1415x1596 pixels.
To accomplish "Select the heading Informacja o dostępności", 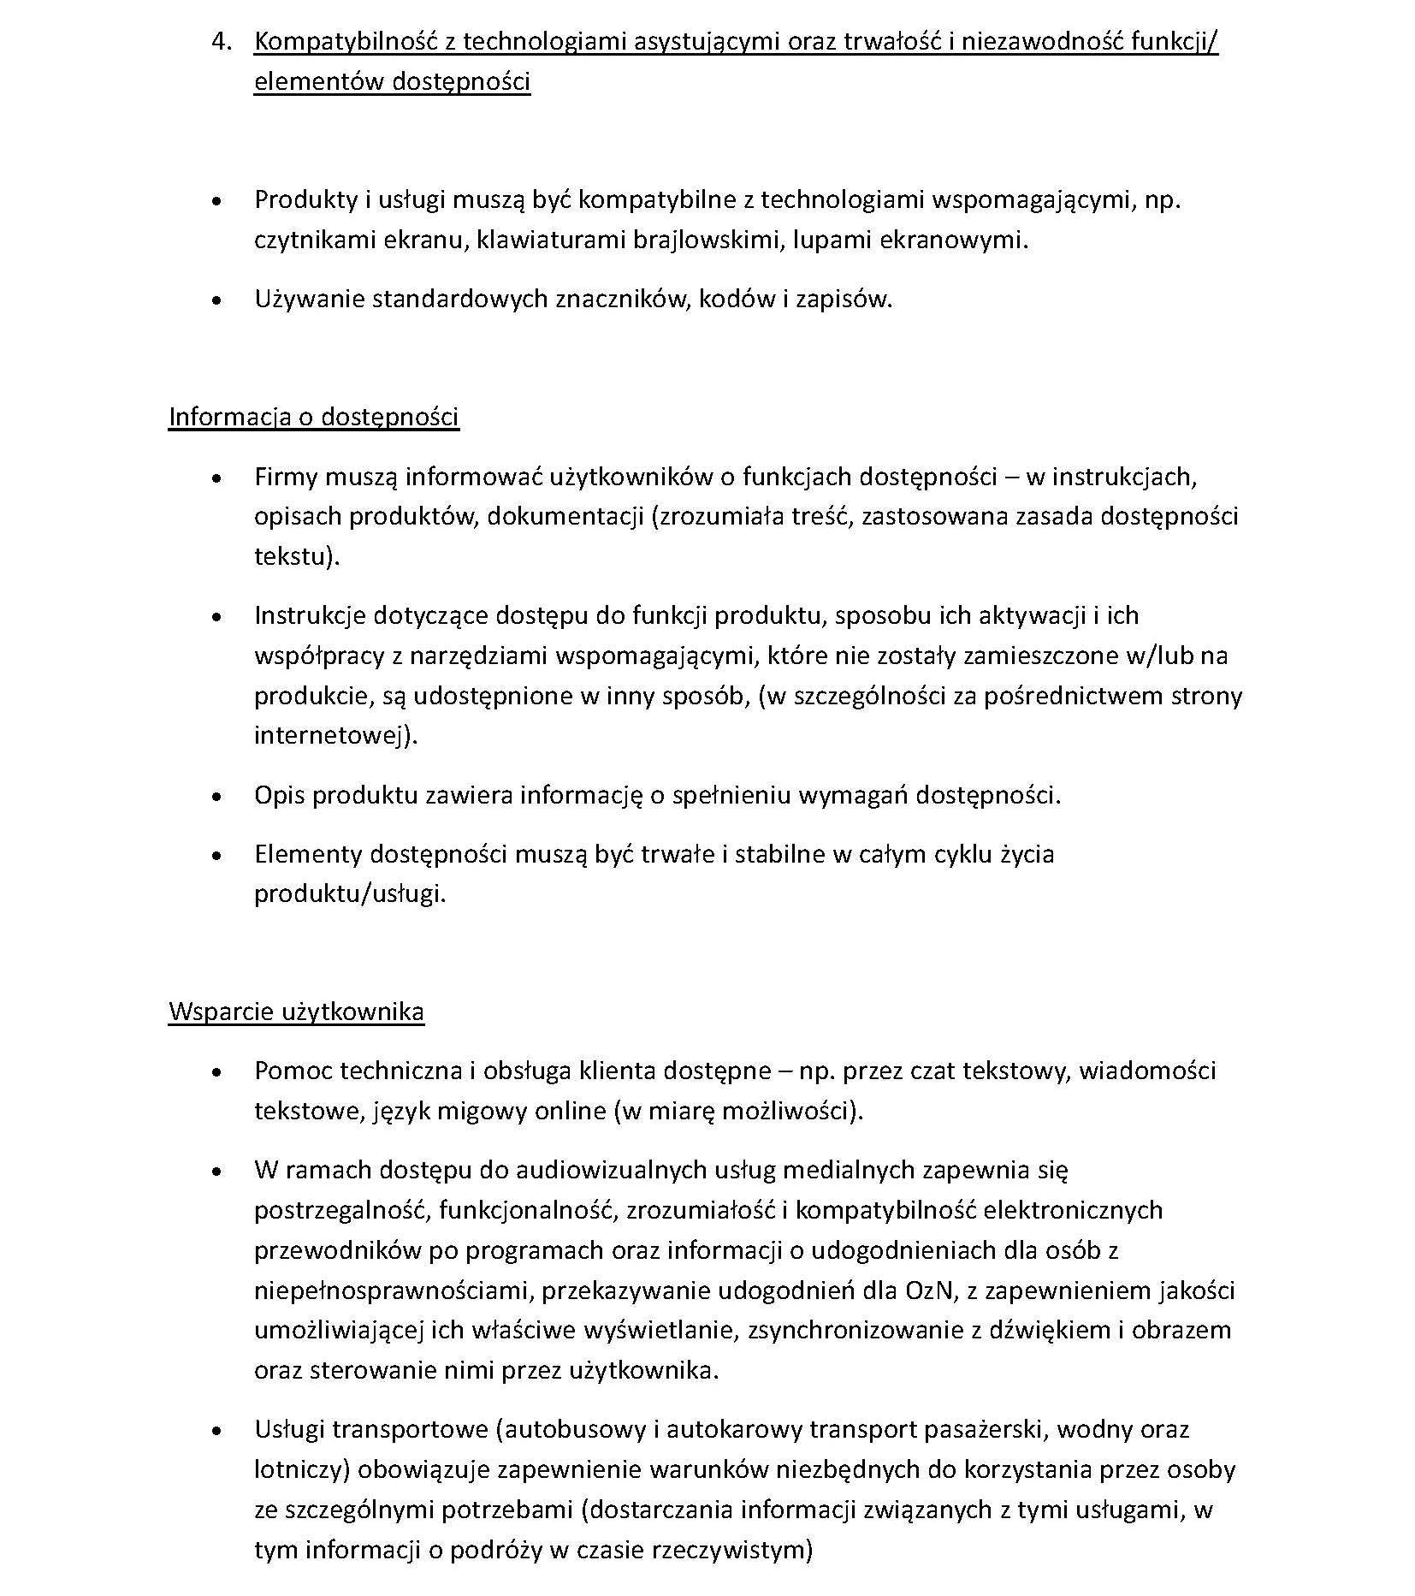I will pyautogui.click(x=314, y=417).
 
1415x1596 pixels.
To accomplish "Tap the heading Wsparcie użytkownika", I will pyautogui.click(x=296, y=1012).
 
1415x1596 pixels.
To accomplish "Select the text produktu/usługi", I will pyautogui.click(x=350, y=894).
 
